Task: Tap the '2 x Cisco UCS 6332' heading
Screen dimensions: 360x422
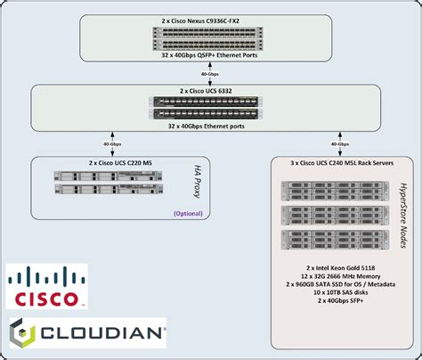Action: pyautogui.click(x=211, y=91)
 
